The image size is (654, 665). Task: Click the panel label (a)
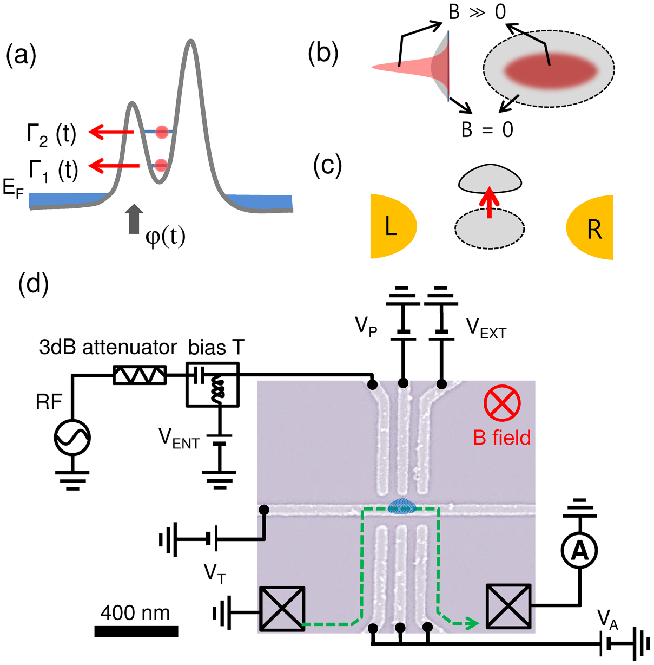[21, 55]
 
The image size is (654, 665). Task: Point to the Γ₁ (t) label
[53, 169]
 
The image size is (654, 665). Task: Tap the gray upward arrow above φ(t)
[135, 219]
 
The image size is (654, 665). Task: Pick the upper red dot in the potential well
[161, 132]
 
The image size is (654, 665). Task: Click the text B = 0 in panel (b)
[487, 130]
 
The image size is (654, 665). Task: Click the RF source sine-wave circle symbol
[72, 437]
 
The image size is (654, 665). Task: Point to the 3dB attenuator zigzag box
[140, 375]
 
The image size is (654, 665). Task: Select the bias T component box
[213, 384]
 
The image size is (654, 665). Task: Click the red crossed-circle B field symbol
[502, 403]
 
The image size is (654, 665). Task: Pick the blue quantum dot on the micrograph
[402, 505]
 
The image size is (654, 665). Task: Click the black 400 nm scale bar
[136, 631]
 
